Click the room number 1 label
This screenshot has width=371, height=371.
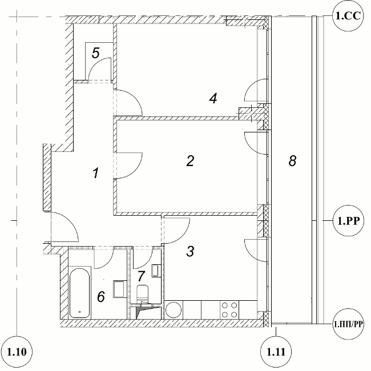[x=96, y=173]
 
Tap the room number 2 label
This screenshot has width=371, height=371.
[x=191, y=161]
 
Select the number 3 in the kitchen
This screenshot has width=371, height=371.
[x=191, y=251]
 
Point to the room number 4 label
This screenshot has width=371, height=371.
[x=213, y=98]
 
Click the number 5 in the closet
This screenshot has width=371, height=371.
[x=95, y=53]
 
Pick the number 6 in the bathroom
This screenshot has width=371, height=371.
[x=101, y=296]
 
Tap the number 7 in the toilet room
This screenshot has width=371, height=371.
[x=141, y=276]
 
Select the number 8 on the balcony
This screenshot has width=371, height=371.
[x=292, y=161]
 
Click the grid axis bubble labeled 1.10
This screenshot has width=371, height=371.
[x=17, y=352]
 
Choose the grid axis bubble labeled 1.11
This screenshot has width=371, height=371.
[x=276, y=352]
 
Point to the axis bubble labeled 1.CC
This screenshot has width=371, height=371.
[x=348, y=15]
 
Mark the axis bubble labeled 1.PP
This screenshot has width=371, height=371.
[x=349, y=221]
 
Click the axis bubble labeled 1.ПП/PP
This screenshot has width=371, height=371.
[x=348, y=324]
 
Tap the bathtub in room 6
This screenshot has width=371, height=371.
[x=80, y=293]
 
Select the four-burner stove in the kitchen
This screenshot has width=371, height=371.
[x=229, y=310]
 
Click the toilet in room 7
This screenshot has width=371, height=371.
[x=143, y=295]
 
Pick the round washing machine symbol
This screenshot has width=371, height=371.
[x=174, y=310]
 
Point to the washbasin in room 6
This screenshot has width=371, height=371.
[x=120, y=289]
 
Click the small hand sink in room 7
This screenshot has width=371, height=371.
[x=155, y=271]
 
